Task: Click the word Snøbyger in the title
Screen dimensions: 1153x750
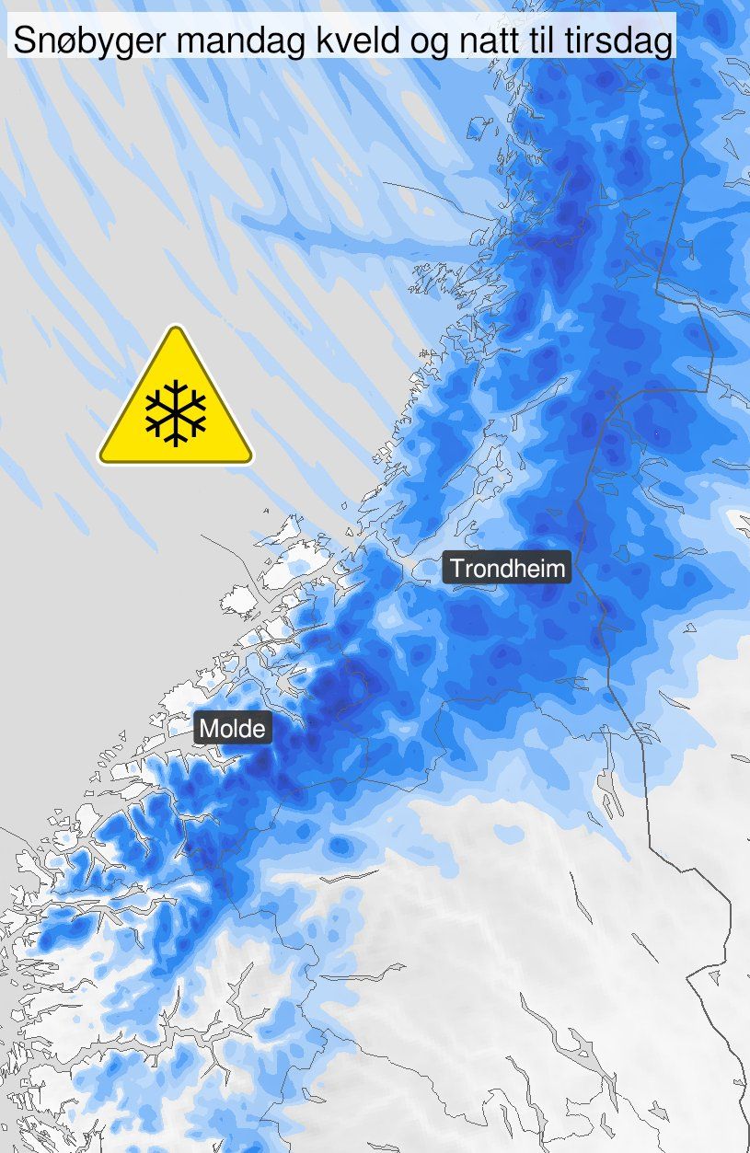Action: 76,40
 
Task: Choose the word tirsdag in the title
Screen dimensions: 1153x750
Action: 619,40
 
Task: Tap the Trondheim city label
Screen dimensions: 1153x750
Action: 507,567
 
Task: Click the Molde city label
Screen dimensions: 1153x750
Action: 233,730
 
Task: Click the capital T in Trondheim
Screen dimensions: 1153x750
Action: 456,567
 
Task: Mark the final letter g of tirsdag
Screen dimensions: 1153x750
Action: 661,43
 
